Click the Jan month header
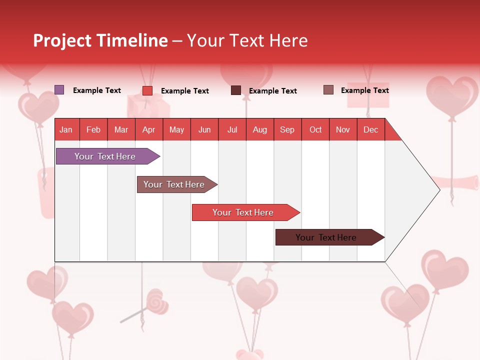tap(66, 129)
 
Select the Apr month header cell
tap(149, 129)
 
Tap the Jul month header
tap(232, 129)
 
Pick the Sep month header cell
tap(287, 129)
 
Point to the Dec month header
tap(370, 129)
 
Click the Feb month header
tap(93, 129)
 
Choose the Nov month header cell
tap(343, 129)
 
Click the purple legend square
tap(59, 90)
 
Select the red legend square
tap(147, 90)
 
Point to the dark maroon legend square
tap(236, 90)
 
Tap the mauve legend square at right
tap(328, 90)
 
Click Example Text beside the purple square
tap(97, 90)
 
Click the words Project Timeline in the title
tap(100, 40)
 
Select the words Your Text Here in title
tap(247, 40)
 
